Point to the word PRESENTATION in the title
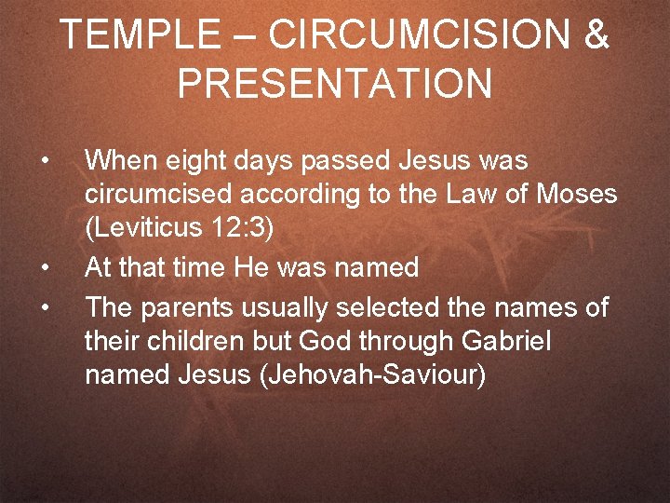pos(334,84)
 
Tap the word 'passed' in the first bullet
pos(349,161)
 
